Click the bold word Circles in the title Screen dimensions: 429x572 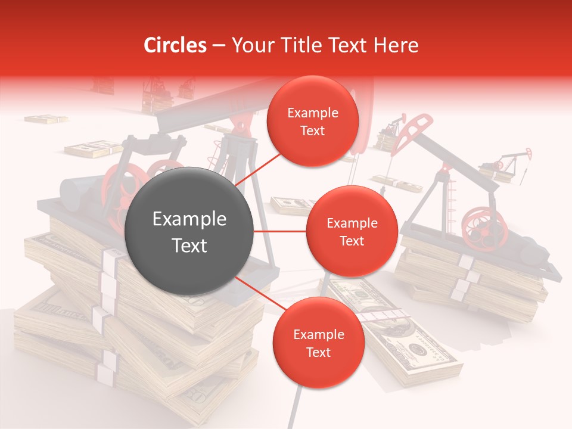(175, 45)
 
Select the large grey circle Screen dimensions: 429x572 (189, 231)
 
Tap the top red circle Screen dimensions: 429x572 (313, 122)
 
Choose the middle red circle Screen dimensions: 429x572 (352, 232)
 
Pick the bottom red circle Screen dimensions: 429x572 (318, 343)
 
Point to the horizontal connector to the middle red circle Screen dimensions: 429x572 (279, 231)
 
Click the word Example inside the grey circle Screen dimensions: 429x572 (189, 219)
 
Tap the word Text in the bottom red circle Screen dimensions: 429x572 (318, 352)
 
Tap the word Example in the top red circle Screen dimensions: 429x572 (313, 113)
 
